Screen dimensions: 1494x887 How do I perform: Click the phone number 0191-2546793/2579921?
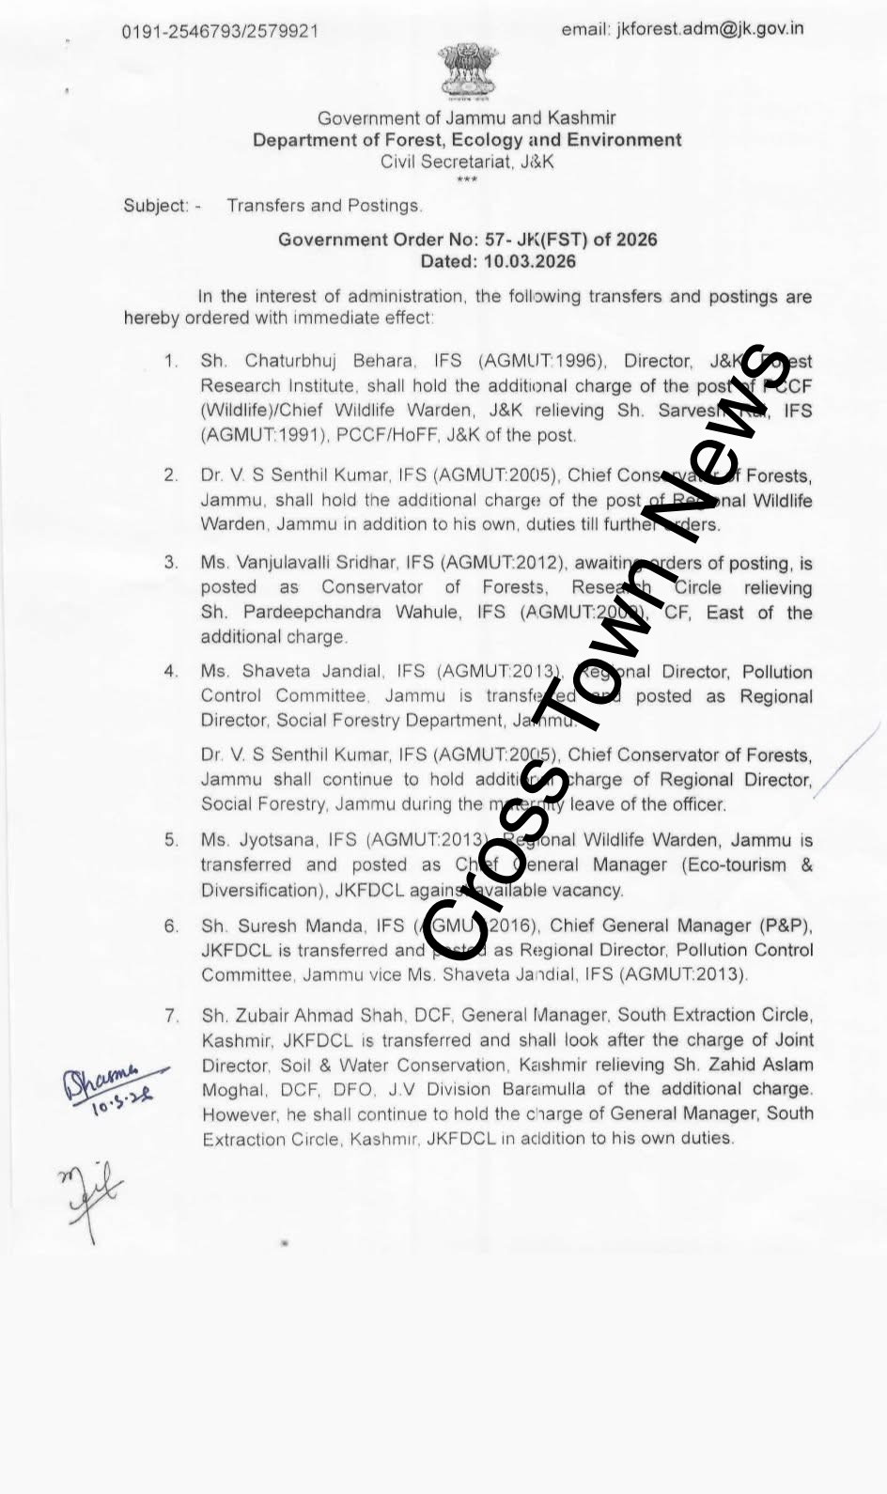coord(220,32)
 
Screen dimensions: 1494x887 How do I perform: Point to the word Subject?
coord(155,206)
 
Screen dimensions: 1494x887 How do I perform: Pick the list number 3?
coord(171,563)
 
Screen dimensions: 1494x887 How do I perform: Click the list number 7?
coord(171,1016)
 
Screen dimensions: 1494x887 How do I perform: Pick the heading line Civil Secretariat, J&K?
coord(466,162)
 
